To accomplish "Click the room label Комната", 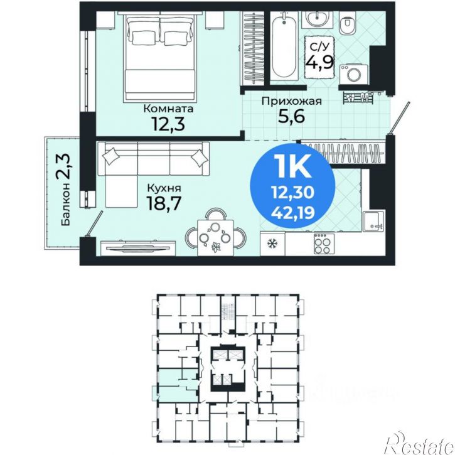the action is click(168, 109).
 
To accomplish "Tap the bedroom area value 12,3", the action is click(168, 124).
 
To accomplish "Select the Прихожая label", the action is click(292, 102).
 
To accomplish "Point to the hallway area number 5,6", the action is click(291, 116).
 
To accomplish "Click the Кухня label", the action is click(164, 188).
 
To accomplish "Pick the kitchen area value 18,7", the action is click(164, 203).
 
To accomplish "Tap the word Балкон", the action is click(66, 204).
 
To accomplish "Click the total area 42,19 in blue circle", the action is click(292, 213).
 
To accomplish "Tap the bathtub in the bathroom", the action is click(284, 46).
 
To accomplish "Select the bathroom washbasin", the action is click(318, 19).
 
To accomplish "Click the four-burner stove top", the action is click(324, 244).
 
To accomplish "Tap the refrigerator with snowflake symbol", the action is click(272, 243).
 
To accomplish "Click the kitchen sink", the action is click(374, 221).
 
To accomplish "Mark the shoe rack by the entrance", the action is click(358, 97).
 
